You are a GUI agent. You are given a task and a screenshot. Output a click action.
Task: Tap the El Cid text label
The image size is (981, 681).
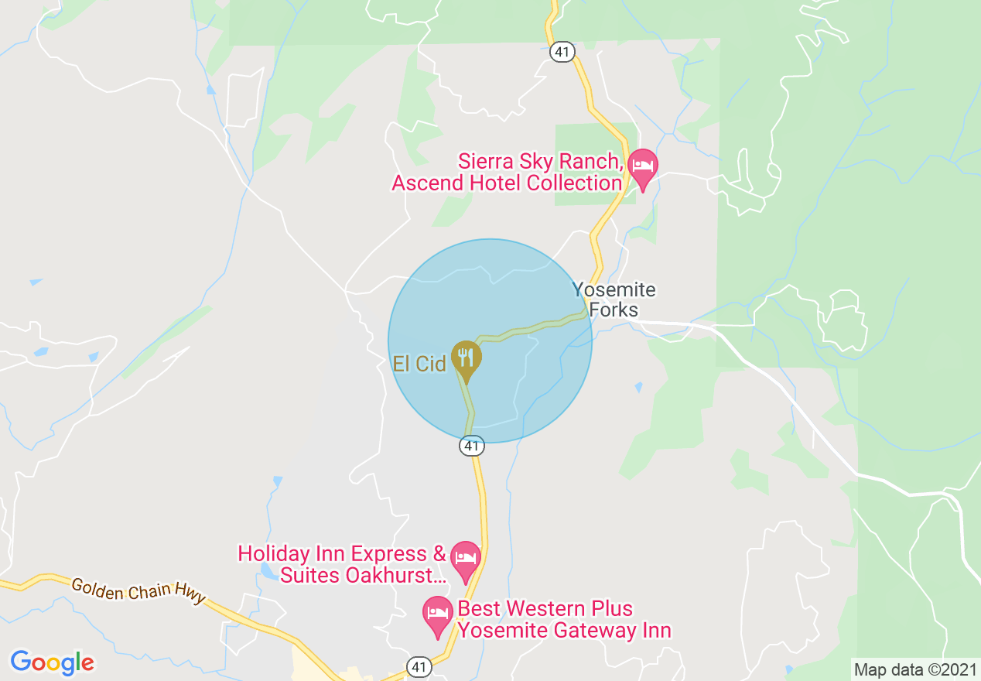pos(419,364)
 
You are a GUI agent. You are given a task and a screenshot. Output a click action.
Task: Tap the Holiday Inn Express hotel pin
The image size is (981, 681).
pos(465,559)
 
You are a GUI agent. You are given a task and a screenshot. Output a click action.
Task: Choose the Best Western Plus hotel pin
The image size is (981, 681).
pos(438,614)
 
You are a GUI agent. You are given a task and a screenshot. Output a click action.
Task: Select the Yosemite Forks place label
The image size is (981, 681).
pos(614,300)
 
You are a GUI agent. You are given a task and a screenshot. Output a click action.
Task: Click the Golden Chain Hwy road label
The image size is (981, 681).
pos(139,590)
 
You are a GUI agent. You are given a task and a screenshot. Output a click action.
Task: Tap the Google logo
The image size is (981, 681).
pos(53,662)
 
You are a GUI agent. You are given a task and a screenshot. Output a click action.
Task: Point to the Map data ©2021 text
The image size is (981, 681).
pos(915,669)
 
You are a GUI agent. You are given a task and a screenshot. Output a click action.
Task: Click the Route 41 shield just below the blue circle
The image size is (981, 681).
pos(471,446)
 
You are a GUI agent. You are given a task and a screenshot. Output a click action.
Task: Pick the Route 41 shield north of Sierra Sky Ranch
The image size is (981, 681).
pos(561,52)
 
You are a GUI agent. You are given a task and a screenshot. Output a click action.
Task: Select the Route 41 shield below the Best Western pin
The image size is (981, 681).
pos(419,667)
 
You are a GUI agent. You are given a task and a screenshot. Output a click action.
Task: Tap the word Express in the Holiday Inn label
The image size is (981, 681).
pos(390,554)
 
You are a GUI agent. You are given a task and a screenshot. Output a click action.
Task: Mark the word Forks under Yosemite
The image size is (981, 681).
pos(614,310)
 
